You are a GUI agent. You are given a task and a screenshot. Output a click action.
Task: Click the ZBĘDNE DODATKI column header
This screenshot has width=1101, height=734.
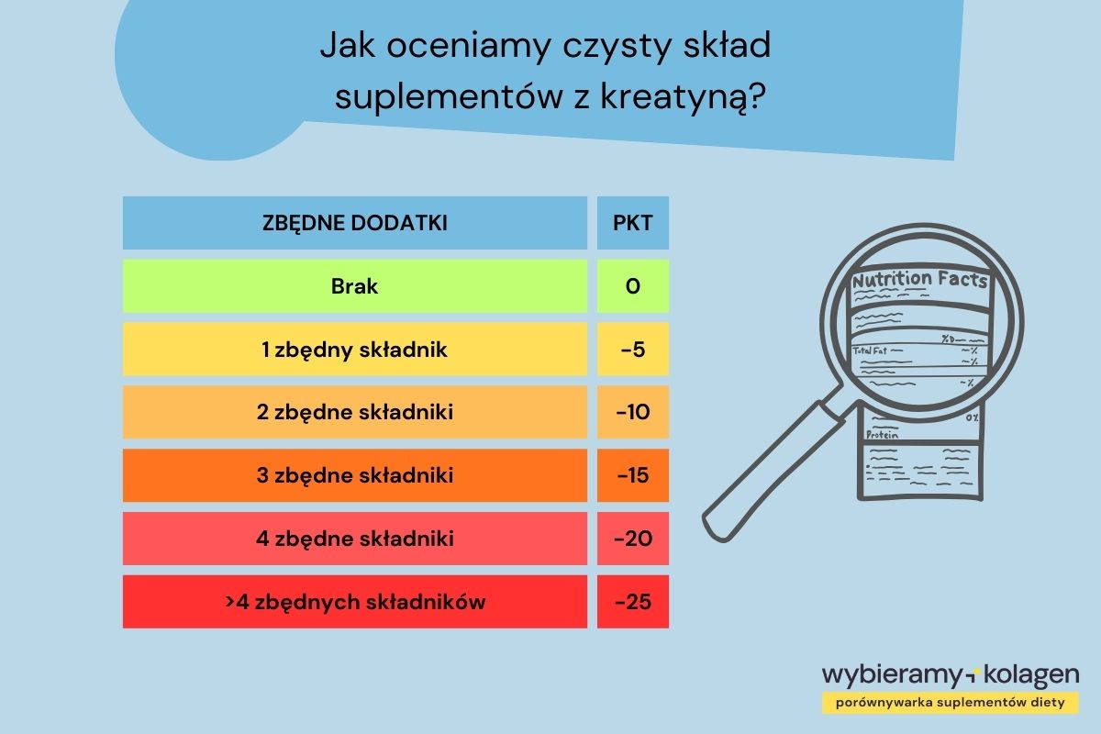pos(354,223)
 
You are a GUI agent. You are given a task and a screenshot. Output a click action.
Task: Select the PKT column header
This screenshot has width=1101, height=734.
pos(632,223)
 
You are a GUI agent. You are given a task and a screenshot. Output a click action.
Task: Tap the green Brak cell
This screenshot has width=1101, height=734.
pos(354,286)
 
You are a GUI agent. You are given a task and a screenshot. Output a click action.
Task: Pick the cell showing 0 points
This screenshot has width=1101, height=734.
pos(632,286)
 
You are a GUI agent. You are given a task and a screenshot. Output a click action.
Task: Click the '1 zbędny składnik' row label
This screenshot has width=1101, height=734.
pos(354,350)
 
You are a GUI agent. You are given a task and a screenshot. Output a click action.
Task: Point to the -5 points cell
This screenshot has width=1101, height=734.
pos(632,350)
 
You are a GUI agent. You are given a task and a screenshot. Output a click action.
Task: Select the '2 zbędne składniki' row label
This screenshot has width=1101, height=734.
pos(354,413)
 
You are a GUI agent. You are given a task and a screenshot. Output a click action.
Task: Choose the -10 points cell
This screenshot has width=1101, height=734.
pos(632,413)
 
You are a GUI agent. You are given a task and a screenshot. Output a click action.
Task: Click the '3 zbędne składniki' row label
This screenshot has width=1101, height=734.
pos(354,476)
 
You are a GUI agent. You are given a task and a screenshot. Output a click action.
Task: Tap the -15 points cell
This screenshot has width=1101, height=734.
pos(632,476)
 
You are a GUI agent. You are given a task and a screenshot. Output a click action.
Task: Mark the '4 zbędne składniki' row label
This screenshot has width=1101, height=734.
pos(354,539)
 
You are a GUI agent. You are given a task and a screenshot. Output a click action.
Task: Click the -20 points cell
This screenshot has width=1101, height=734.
pos(632,539)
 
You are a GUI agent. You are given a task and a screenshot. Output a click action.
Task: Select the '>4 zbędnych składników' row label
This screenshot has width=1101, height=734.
pos(354,602)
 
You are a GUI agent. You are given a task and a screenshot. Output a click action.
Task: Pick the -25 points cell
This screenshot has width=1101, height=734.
pos(632,602)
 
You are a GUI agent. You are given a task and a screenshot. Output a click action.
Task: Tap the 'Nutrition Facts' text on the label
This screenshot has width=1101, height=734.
pos(919,280)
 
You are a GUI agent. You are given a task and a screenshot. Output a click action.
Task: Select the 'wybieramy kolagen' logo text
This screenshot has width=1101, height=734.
pos(951,675)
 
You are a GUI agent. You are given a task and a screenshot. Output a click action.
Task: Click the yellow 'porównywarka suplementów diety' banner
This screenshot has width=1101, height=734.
pos(951,703)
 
